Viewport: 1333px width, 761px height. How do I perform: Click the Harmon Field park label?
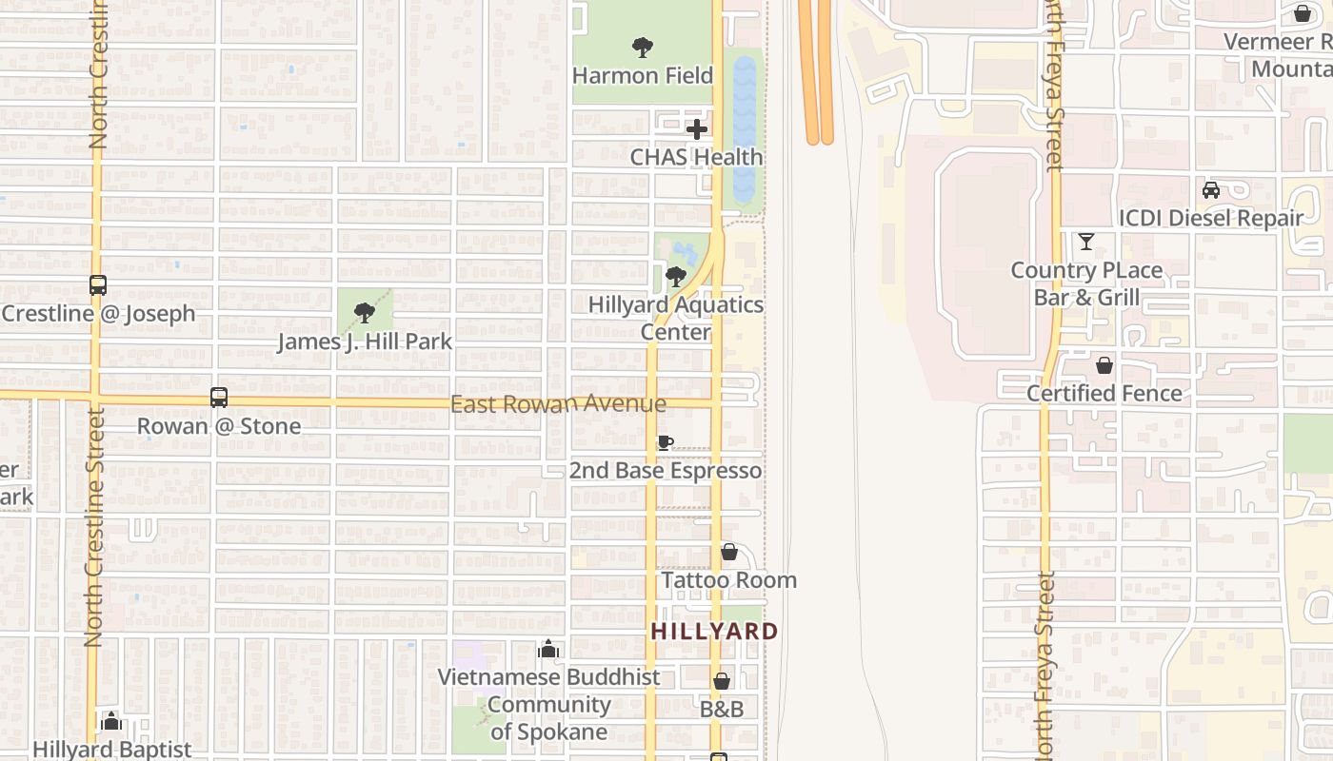643,75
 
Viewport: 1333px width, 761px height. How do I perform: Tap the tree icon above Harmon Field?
643,47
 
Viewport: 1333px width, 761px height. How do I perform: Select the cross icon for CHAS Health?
697,129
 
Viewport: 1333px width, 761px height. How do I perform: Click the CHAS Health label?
696,157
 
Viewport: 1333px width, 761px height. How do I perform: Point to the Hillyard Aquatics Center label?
676,318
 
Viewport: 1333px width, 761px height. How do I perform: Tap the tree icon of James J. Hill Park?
364,313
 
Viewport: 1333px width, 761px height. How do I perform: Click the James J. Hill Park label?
365,341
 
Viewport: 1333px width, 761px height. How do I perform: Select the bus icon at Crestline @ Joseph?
97,285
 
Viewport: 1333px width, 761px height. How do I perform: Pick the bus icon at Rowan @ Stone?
219,398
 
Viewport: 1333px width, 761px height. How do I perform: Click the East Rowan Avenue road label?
558,404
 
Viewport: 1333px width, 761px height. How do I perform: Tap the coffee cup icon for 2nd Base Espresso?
666,443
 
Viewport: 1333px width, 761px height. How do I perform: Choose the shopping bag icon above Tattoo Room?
729,552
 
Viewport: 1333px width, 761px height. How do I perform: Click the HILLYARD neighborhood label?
714,631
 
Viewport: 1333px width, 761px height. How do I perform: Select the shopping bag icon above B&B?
722,681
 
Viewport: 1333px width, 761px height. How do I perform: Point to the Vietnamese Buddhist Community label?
548,705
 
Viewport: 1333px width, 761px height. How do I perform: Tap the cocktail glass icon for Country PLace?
1086,242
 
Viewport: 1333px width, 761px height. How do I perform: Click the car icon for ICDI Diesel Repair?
1211,190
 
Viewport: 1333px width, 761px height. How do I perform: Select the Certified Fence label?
1104,393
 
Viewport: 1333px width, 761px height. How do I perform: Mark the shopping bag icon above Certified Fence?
1104,365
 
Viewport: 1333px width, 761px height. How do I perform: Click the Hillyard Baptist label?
112,750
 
